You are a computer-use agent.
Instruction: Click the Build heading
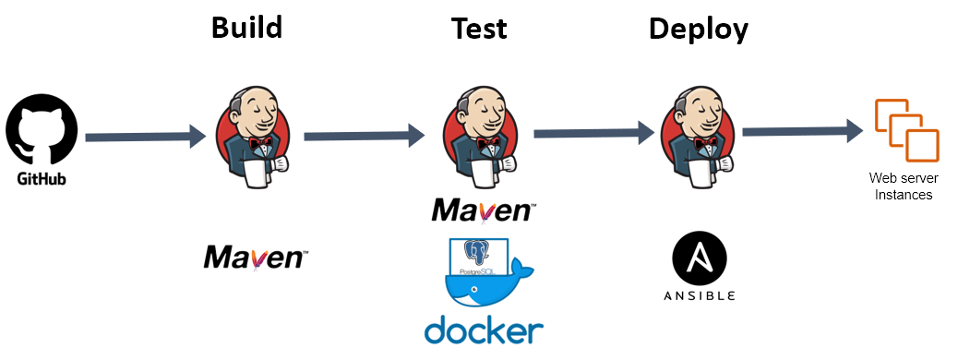246,28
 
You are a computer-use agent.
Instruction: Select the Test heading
479,29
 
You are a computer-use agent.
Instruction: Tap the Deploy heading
699,30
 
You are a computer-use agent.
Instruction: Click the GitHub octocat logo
42,129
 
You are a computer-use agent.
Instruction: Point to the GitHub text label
42,179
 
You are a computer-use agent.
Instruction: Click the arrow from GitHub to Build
146,137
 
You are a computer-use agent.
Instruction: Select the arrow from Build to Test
365,136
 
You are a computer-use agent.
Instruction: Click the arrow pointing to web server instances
803,131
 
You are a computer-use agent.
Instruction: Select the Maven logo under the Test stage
484,210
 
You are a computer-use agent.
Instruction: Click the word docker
484,330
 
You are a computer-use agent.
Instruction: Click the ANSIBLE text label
700,296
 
